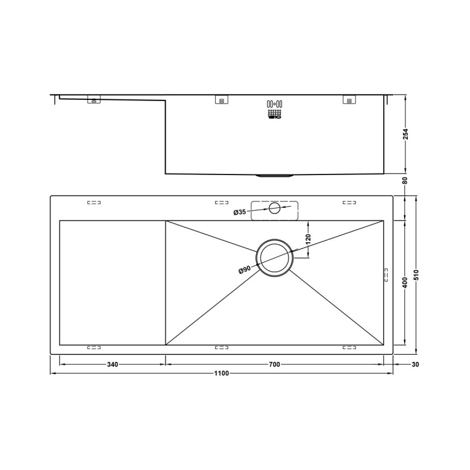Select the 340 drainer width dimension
pyautogui.click(x=113, y=364)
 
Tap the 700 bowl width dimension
pyautogui.click(x=274, y=364)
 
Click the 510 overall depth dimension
pyautogui.click(x=417, y=276)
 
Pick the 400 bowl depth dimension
pyautogui.click(x=404, y=283)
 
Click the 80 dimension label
pyautogui.click(x=405, y=180)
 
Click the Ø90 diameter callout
pyautogui.click(x=244, y=270)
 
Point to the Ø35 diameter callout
pyautogui.click(x=239, y=211)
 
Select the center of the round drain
pyautogui.click(x=273, y=258)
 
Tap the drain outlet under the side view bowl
pyautogui.click(x=275, y=176)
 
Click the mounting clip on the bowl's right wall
pyautogui.click(x=386, y=275)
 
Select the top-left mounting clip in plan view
pyautogui.click(x=94, y=203)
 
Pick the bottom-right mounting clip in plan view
pyautogui.click(x=349, y=348)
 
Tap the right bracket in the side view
pyautogui.click(x=349, y=99)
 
